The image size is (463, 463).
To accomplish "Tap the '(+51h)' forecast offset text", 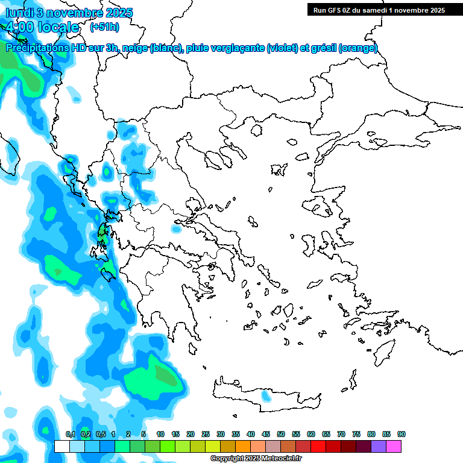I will pos(104,27).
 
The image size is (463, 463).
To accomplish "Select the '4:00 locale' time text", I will pos(42,27).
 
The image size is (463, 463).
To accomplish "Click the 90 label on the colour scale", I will pos(401,434).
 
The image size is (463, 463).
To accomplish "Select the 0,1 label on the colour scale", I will pos(70,434).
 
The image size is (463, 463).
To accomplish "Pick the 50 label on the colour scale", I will pos(281,434).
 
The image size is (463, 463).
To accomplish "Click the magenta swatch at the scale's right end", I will pos(394,446).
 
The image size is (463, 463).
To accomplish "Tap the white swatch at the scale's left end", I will pos(62,446).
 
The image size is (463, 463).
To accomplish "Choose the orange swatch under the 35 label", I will pos(243,446).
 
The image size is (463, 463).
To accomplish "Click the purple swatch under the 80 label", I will pos(379,446).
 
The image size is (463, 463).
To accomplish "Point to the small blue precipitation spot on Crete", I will pos(265,396).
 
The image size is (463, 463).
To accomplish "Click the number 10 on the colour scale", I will pos(160,434).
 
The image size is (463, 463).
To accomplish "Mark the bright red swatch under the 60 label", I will pos(318,446).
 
